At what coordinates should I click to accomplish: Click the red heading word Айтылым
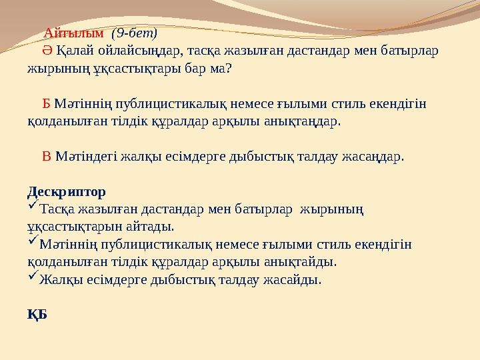pyautogui.click(x=74, y=33)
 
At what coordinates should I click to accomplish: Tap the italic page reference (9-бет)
pyautogui.click(x=133, y=33)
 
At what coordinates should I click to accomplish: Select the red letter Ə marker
pyautogui.click(x=47, y=50)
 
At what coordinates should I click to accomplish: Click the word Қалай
pyautogui.click(x=73, y=50)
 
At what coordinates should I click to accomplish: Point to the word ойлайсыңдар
pyautogui.click(x=139, y=50)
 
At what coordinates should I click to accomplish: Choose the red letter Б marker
pyautogui.click(x=47, y=105)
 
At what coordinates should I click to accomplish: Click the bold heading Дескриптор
pyautogui.click(x=66, y=192)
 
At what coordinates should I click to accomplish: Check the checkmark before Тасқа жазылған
pyautogui.click(x=32, y=209)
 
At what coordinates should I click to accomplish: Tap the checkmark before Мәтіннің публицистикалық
pyautogui.click(x=32, y=244)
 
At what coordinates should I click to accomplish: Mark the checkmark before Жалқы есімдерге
pyautogui.click(x=32, y=279)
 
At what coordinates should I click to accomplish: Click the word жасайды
pyautogui.click(x=296, y=279)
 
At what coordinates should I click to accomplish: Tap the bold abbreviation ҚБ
pyautogui.click(x=37, y=314)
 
